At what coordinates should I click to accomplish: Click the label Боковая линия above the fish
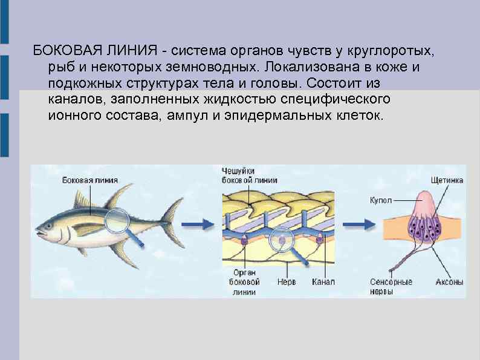(89, 180)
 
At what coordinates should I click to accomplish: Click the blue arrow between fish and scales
(200, 223)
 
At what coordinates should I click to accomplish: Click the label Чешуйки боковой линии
(250, 175)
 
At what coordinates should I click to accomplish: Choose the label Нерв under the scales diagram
(286, 282)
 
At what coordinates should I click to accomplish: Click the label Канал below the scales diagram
(323, 282)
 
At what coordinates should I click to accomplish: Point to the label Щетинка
(447, 180)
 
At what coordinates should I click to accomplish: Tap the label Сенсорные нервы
(391, 286)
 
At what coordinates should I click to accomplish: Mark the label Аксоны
(450, 282)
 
